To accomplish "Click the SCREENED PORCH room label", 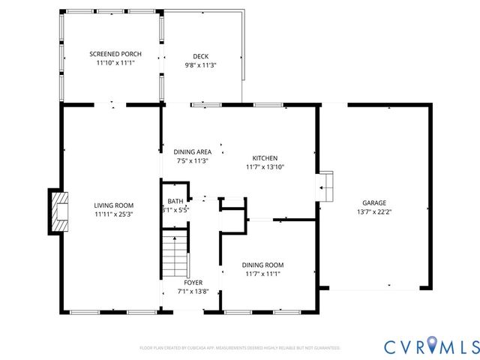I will coord(115,54).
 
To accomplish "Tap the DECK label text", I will coord(200,56).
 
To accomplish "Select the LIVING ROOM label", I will coord(113,205).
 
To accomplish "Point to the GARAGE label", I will coord(374,203).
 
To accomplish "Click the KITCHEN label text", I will coord(265,158).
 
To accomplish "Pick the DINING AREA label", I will coord(193,151).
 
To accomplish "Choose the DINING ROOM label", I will coord(262,265).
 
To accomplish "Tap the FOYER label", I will coord(193,283).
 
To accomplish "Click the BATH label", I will coord(175,201).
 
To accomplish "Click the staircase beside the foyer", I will coord(174,255).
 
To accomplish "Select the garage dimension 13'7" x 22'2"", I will coord(374,212).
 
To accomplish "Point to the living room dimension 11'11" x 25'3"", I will coord(113,214).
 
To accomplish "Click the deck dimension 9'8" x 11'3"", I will coord(200,65).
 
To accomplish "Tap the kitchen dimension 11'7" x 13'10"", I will coord(265,167).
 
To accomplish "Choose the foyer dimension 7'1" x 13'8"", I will coord(193,292).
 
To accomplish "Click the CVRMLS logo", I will coord(431,346).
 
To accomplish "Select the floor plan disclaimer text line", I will coord(240,348).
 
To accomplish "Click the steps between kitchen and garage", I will coord(326,186).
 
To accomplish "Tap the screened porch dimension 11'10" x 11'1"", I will coord(115,63).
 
